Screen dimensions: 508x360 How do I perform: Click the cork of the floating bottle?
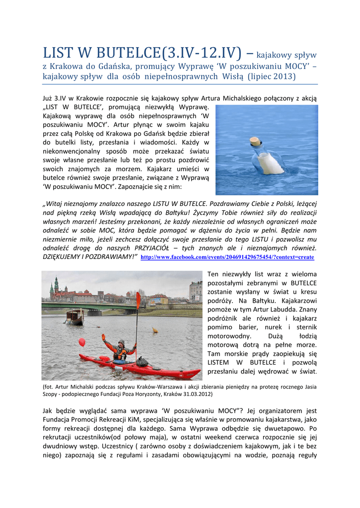[x=256, y=142]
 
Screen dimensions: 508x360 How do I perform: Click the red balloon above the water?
[x=82, y=342]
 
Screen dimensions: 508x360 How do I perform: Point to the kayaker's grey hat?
[x=121, y=342]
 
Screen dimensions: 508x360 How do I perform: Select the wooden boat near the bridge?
[x=74, y=317]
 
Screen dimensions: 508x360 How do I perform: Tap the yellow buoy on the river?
[x=155, y=330]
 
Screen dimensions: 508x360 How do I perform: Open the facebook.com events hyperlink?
[x=227, y=257]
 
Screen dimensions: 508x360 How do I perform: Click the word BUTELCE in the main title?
[x=118, y=52]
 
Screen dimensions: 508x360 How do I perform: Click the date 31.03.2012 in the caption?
[x=196, y=394]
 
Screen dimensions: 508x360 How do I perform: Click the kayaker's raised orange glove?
[x=104, y=337]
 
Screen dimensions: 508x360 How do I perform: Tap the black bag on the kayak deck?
[x=143, y=362]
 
